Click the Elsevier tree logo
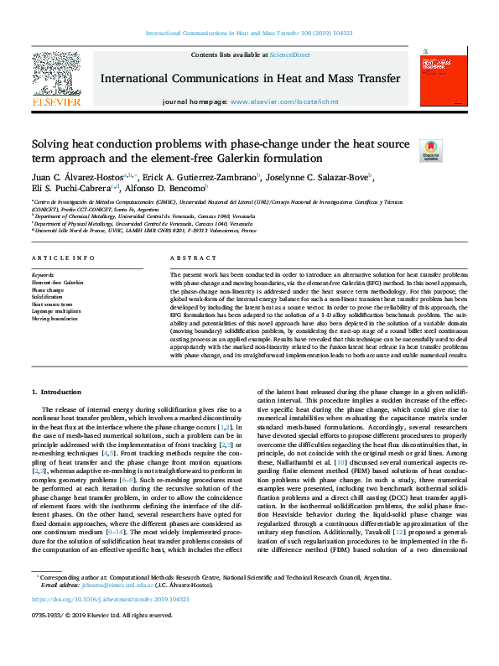[56, 79]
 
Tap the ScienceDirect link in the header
[289, 55]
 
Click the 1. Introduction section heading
[57, 392]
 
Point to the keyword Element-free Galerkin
[58, 283]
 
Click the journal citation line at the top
[249, 33]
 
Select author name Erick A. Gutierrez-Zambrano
[212, 177]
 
